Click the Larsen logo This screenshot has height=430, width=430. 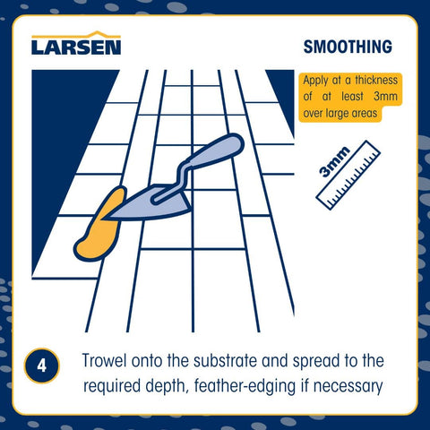tap(76, 43)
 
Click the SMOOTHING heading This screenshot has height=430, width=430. tap(348, 47)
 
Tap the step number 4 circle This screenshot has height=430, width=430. tap(42, 365)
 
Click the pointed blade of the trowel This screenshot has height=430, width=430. tap(150, 203)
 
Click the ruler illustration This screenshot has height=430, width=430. tap(348, 175)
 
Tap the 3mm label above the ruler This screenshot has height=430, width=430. tap(334, 161)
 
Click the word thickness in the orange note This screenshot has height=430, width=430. tap(376, 81)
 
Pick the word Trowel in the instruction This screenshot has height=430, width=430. tap(104, 360)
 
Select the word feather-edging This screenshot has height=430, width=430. tap(245, 386)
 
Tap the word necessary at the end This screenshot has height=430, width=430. tap(348, 387)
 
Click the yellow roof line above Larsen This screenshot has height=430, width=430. tap(76, 35)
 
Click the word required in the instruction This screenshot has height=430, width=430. tap(112, 387)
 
